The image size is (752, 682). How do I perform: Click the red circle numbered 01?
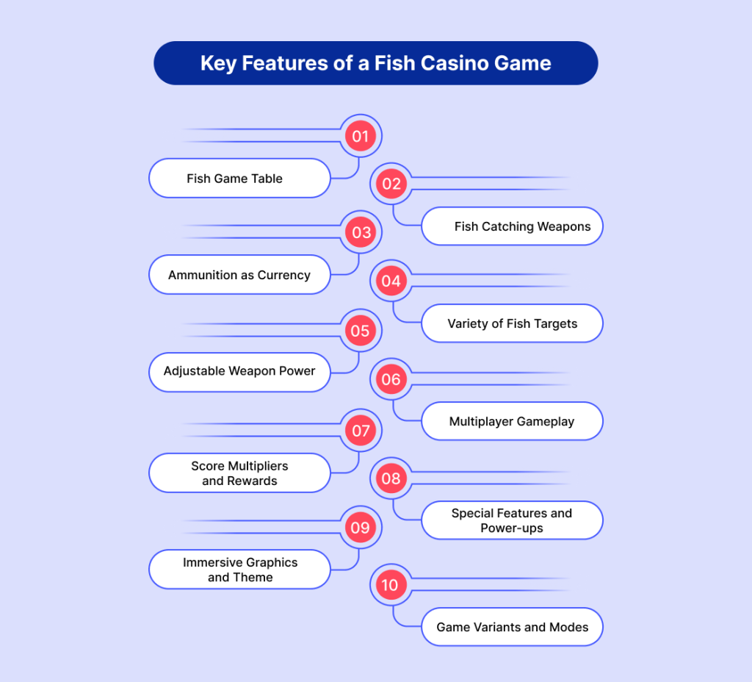click(x=360, y=136)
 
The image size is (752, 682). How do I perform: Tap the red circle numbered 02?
click(x=391, y=184)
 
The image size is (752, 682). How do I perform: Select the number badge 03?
click(x=361, y=233)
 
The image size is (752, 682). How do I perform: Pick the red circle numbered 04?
click(x=391, y=281)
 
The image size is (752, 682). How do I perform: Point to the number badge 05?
click(x=360, y=331)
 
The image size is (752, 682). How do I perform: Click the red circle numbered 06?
click(x=391, y=379)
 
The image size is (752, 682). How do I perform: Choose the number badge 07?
click(x=361, y=430)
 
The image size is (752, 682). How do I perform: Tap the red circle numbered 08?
click(x=391, y=479)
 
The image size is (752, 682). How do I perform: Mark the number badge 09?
click(x=360, y=528)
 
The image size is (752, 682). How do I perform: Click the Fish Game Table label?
click(x=235, y=179)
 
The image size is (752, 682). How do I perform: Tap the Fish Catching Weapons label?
click(x=522, y=226)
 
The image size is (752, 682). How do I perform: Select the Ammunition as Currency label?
click(x=239, y=275)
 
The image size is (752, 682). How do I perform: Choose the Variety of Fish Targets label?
click(x=513, y=323)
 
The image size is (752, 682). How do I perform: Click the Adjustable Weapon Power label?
click(x=239, y=371)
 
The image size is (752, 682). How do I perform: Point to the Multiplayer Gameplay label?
click(x=512, y=422)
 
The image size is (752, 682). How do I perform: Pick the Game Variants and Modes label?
click(x=513, y=627)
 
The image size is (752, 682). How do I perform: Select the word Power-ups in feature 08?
click(x=512, y=528)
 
